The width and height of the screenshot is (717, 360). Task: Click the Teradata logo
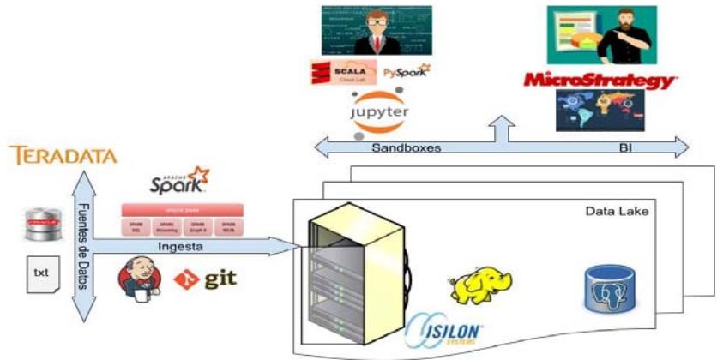(x=63, y=156)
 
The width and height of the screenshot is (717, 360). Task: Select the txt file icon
(x=41, y=272)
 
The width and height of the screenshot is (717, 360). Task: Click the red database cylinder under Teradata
(x=39, y=225)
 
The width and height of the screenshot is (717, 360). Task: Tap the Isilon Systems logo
(x=446, y=330)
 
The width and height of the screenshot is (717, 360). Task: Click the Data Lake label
(x=616, y=211)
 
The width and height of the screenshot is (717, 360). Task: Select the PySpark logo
(x=407, y=72)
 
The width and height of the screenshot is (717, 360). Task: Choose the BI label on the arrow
(x=625, y=148)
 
